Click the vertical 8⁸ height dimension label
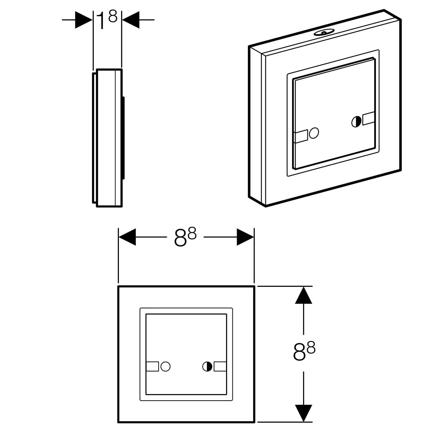click(x=304, y=351)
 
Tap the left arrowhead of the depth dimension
click(x=83, y=20)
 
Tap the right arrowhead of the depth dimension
click(x=131, y=20)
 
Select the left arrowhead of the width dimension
click(x=127, y=237)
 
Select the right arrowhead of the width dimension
click(x=245, y=237)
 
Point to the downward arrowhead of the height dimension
click(x=303, y=413)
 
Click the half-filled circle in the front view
click(x=207, y=367)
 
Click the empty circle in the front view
click(x=165, y=367)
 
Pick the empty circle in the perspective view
click(x=314, y=133)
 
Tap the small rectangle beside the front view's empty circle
click(x=152, y=367)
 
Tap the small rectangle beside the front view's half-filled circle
click(x=220, y=367)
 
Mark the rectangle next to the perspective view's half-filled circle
click(x=368, y=119)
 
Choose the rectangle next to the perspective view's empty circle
click(x=301, y=136)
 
